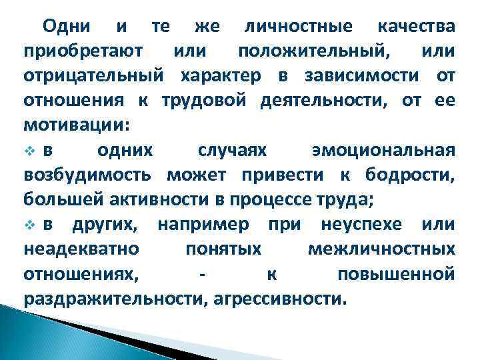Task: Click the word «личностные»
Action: tap(298, 27)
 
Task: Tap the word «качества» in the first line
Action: tap(417, 27)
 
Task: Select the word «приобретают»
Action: tap(79, 52)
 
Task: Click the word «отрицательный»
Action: tap(93, 76)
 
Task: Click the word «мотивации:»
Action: tap(77, 125)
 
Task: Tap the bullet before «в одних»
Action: tap(29, 150)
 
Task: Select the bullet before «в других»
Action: tap(29, 224)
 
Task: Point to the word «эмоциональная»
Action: tap(383, 150)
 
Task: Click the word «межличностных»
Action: tap(382, 249)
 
